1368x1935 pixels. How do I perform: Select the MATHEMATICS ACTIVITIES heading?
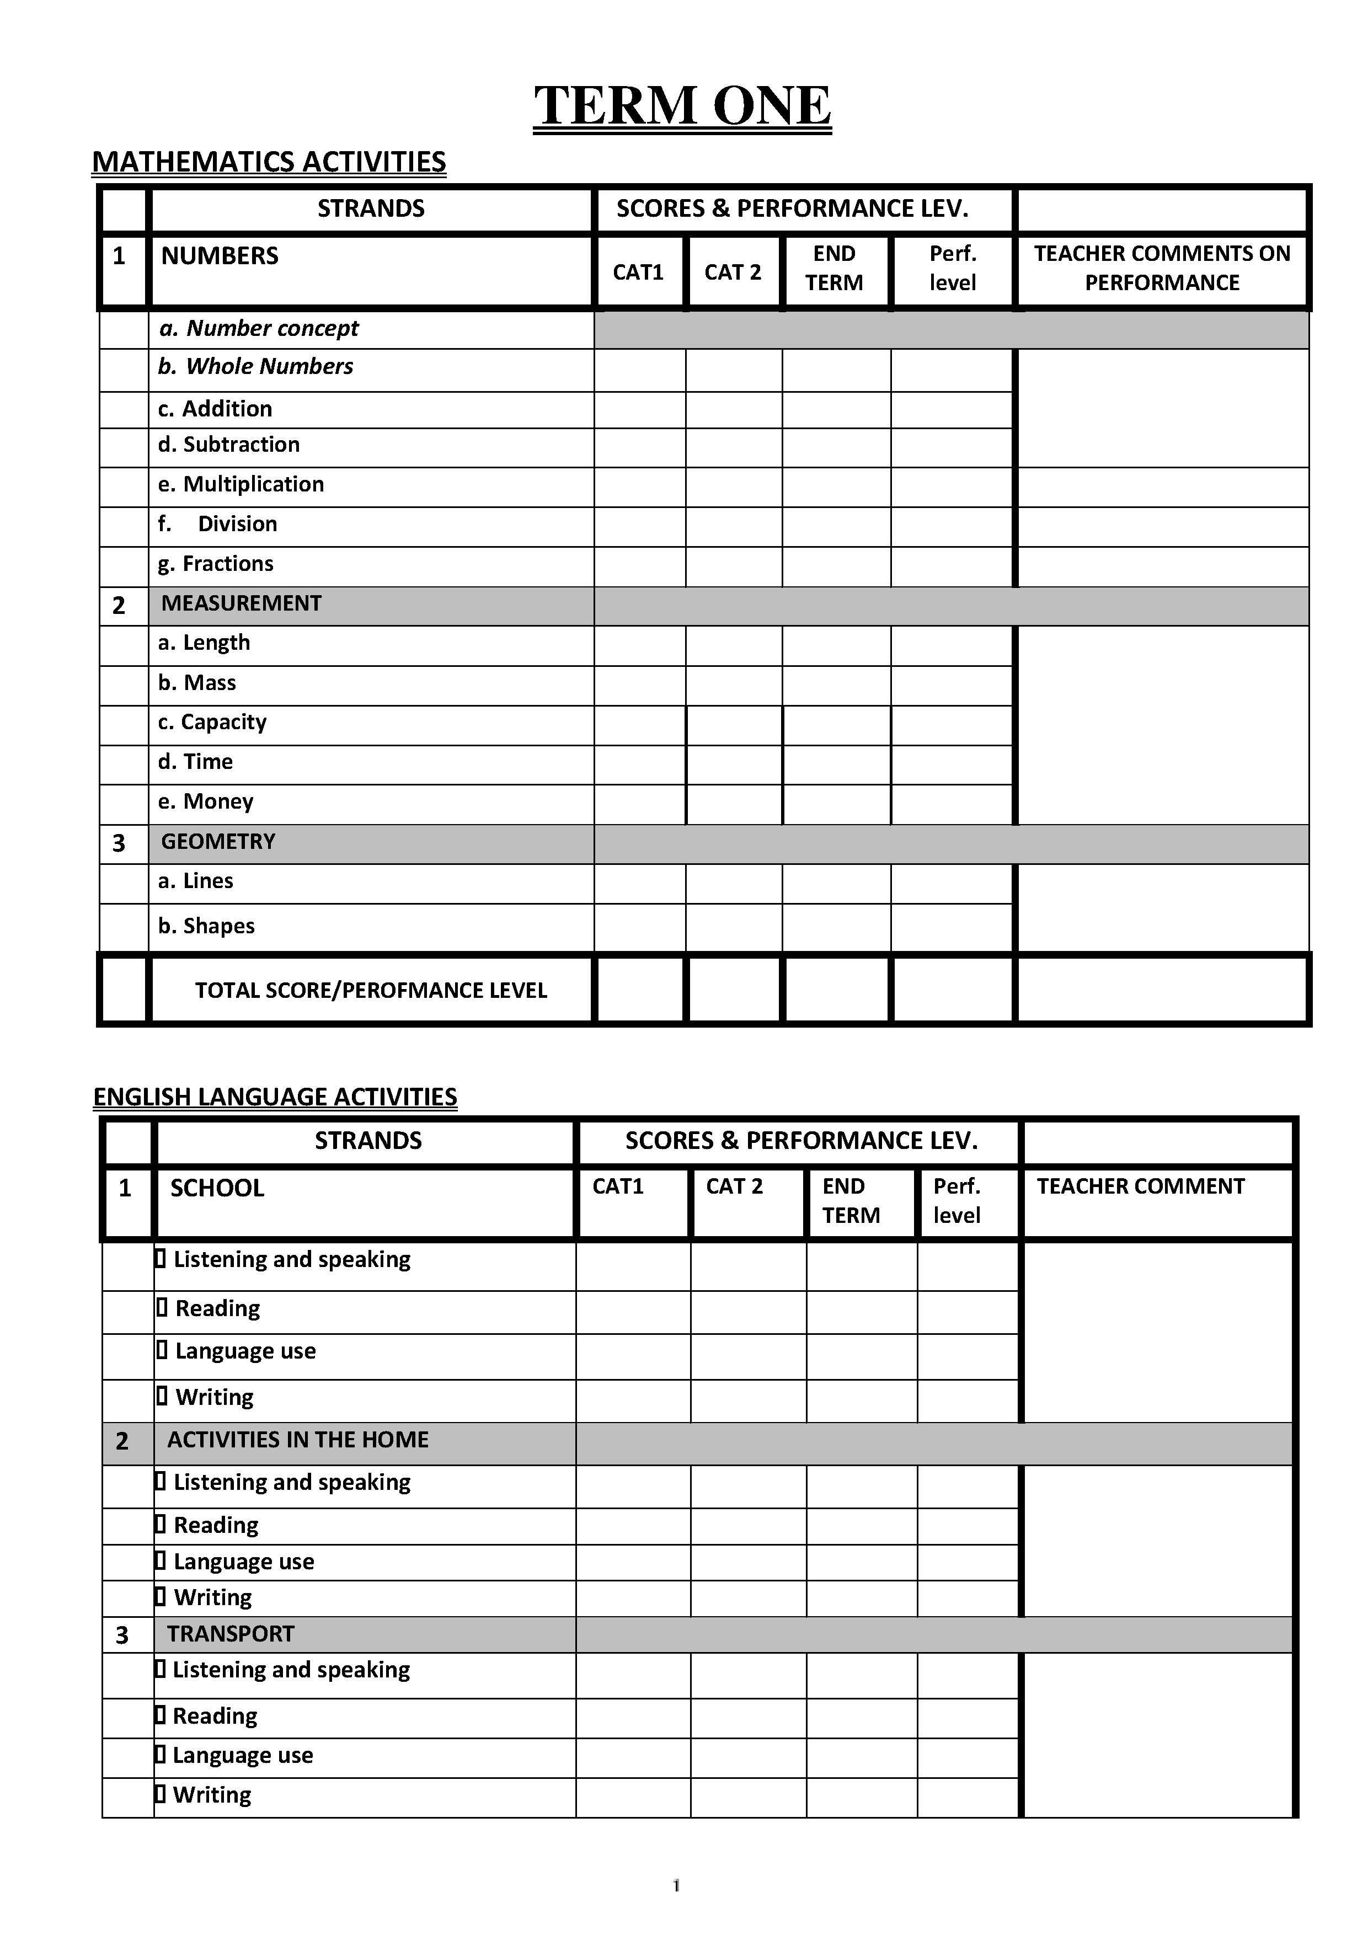tap(268, 162)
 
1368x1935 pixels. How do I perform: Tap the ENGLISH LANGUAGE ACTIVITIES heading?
tap(275, 1097)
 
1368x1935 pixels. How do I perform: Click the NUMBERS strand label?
tap(219, 256)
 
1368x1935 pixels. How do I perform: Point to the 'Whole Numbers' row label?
tap(256, 367)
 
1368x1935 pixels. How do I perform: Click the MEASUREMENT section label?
tap(241, 603)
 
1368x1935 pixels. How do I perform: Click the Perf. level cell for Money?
tap(952, 804)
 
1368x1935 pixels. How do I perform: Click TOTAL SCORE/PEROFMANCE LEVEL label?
tap(371, 990)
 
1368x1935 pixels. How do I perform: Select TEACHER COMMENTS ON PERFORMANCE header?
tap(1162, 268)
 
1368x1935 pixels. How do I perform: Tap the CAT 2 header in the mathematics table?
tap(733, 272)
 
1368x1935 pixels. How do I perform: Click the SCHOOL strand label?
tap(217, 1188)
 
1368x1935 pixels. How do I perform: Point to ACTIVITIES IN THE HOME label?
tap(297, 1440)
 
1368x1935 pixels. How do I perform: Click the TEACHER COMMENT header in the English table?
tap(1140, 1186)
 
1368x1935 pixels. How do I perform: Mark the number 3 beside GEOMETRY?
tap(119, 843)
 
